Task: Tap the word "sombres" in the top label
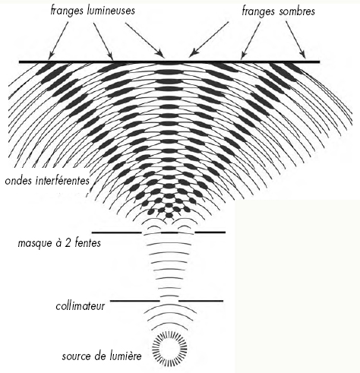tap(297, 11)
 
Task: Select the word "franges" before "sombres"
tap(258, 11)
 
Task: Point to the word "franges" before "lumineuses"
tap(67, 11)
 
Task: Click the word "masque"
tap(34, 244)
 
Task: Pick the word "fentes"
tap(87, 243)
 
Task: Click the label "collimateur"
tap(80, 306)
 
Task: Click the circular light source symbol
tap(169, 348)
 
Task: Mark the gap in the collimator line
tap(169, 301)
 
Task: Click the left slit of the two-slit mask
tap(151, 232)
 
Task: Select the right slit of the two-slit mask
tap(186, 232)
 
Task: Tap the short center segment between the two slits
tap(169, 232)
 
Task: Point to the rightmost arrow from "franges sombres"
tap(295, 40)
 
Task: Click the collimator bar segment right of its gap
tap(201, 301)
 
